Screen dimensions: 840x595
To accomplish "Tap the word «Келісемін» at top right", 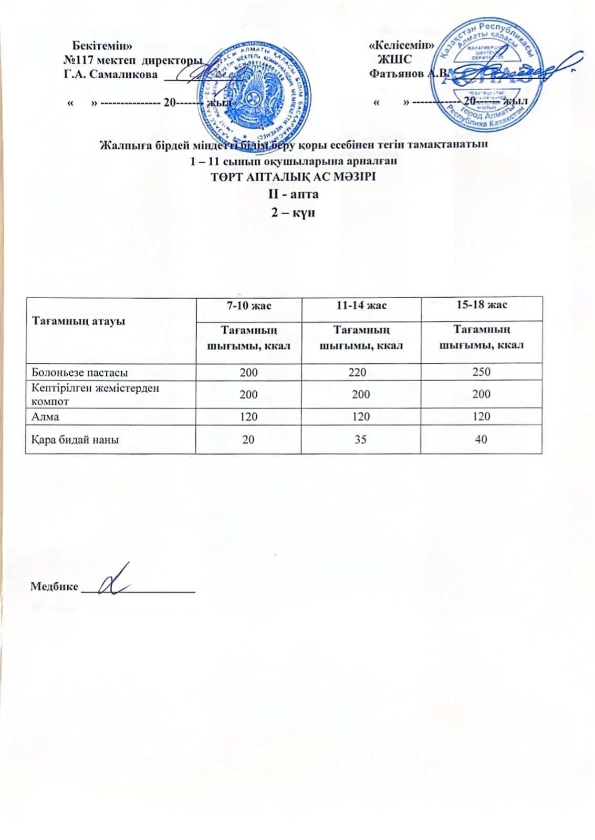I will point(402,45).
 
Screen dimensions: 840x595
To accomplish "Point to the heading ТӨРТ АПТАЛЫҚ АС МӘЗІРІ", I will point(293,177).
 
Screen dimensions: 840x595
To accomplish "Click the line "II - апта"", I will point(294,194).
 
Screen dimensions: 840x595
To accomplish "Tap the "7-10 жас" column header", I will point(248,305).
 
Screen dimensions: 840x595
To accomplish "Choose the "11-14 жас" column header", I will point(361,305).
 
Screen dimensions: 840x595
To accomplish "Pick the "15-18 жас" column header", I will point(481,304).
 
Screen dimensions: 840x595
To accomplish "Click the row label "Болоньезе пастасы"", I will point(79,373).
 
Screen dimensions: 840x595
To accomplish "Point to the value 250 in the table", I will point(481,372).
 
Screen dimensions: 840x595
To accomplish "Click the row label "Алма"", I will point(45,417).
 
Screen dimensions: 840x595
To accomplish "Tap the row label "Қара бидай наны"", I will point(75,439).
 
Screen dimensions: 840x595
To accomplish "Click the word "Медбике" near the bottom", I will point(54,586).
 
